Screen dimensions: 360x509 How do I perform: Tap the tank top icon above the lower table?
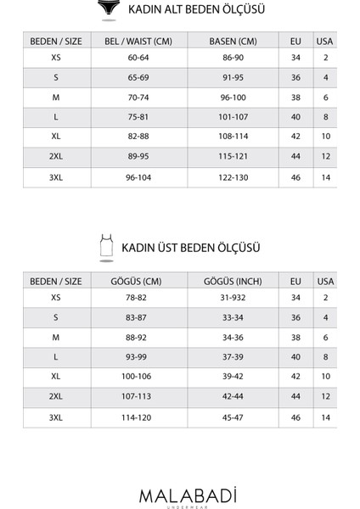tap(106, 246)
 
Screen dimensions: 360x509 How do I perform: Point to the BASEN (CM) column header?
tap(233, 41)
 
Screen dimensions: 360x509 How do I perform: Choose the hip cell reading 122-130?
tap(233, 177)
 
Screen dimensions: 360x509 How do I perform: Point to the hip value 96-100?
tap(233, 98)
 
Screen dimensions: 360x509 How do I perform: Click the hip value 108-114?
tap(233, 137)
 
